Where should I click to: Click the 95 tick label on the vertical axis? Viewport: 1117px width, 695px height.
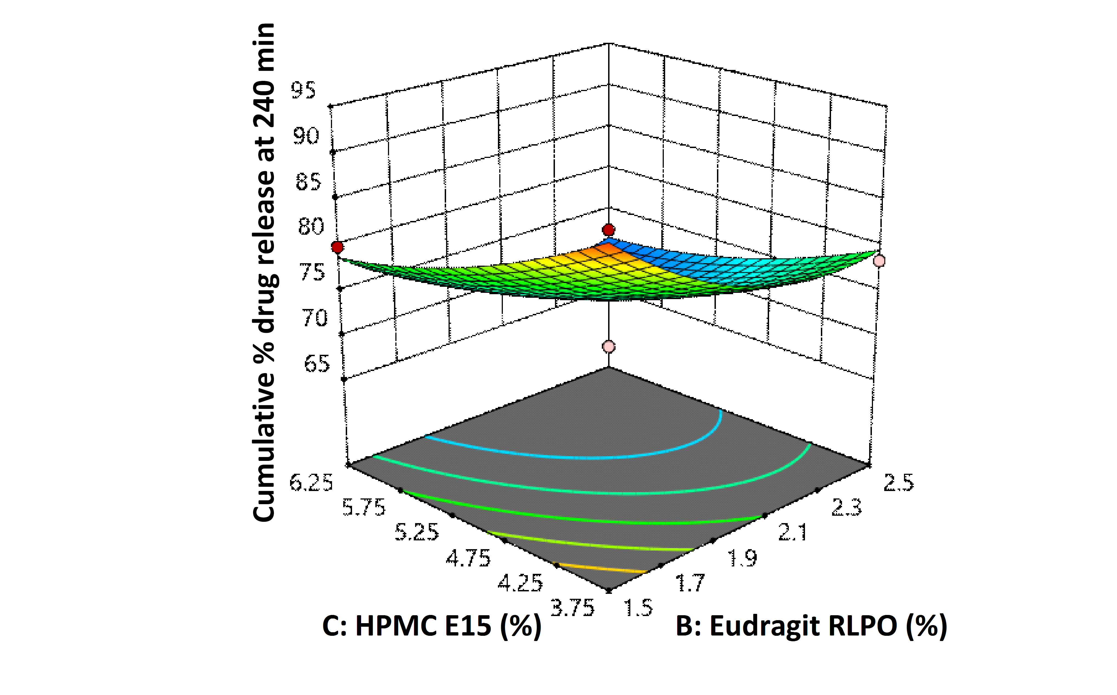point(304,90)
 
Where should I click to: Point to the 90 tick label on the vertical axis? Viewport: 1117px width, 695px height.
point(306,136)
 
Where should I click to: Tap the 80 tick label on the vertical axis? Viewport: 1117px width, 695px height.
point(311,226)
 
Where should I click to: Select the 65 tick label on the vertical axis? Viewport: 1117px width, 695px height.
point(317,364)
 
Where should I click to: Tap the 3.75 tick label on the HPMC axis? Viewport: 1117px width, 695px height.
point(572,608)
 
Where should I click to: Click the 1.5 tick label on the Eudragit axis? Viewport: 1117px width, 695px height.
point(638,608)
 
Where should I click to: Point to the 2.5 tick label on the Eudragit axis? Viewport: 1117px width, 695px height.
point(899,483)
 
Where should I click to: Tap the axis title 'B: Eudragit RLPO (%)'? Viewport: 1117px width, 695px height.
point(811,626)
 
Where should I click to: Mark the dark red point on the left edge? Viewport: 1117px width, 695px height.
point(338,247)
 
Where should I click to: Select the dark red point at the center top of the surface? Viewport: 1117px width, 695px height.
point(609,230)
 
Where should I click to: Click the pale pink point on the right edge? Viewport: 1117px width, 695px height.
point(879,261)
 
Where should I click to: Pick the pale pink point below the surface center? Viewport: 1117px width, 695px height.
point(609,346)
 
